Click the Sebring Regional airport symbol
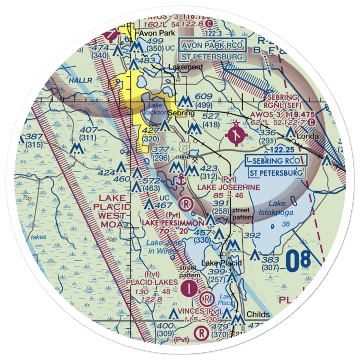(x=236, y=135)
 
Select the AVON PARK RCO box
(x=212, y=46)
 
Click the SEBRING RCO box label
(x=276, y=161)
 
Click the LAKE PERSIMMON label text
(x=172, y=223)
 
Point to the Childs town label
(x=258, y=314)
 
